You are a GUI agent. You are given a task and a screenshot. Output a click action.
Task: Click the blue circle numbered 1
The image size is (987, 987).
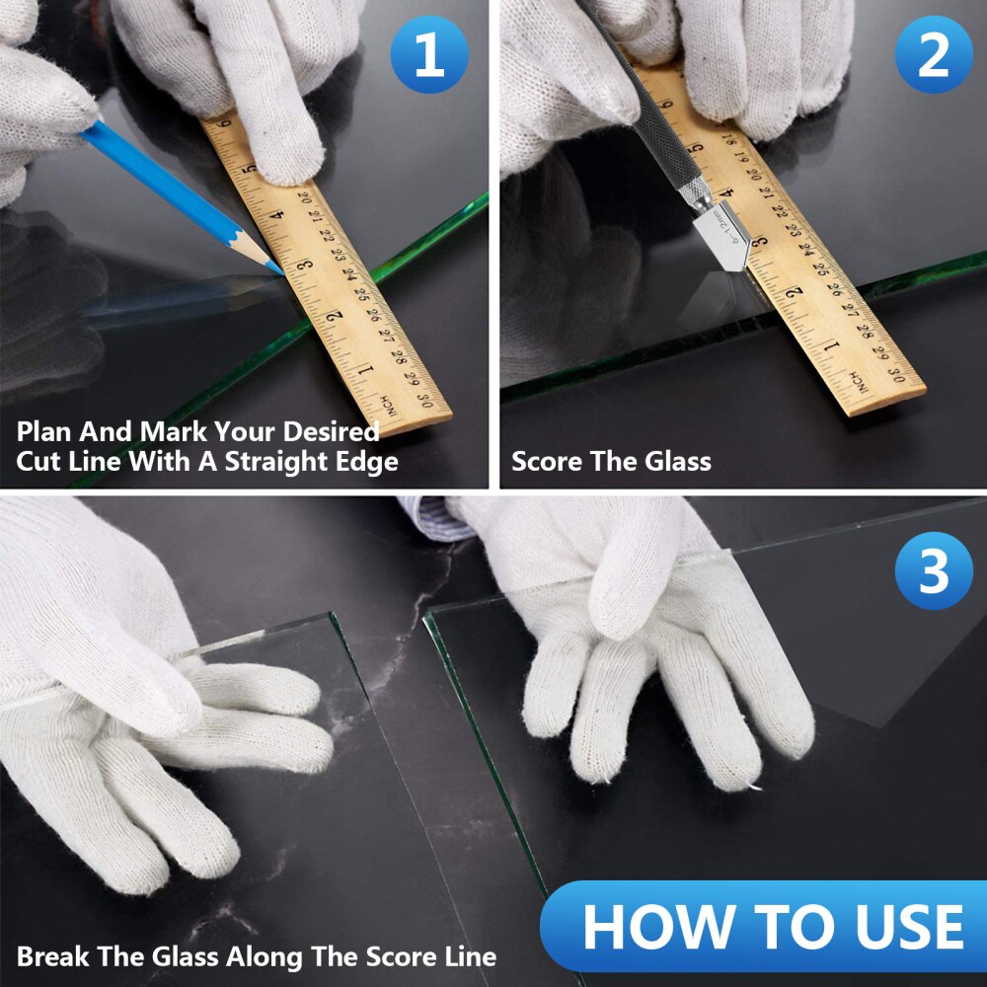[x=429, y=54]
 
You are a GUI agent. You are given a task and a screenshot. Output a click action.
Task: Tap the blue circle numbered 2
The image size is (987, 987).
[x=934, y=54]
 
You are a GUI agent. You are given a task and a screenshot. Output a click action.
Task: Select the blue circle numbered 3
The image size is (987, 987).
[x=934, y=570]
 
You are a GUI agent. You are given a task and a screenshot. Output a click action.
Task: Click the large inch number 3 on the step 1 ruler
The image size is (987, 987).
[x=305, y=265]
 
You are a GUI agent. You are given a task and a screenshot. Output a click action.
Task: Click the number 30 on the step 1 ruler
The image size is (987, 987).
[x=425, y=400]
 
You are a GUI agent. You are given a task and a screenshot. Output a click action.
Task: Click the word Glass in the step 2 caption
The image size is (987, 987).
[x=678, y=461]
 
